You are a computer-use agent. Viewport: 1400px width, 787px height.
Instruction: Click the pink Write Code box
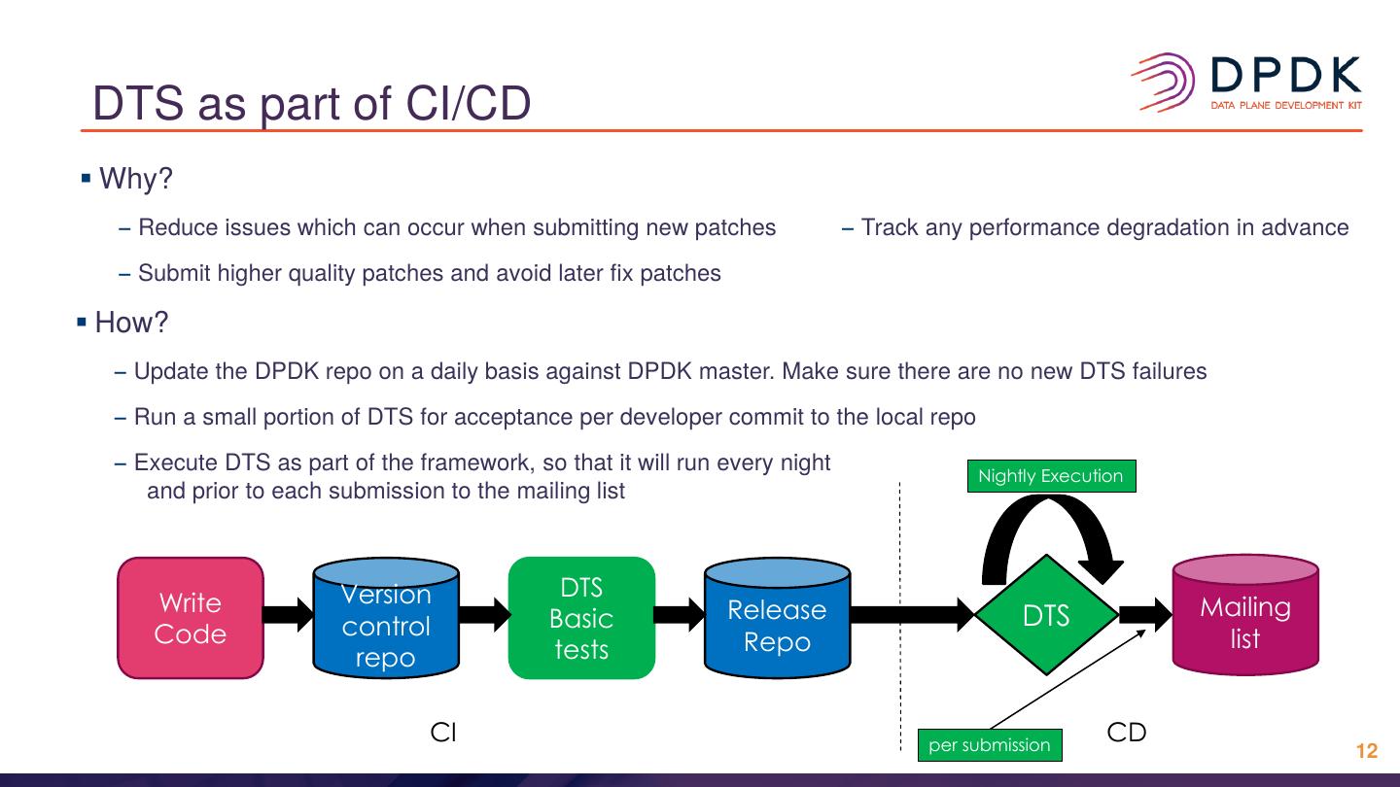click(191, 618)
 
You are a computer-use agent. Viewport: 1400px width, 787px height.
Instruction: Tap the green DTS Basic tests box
click(581, 618)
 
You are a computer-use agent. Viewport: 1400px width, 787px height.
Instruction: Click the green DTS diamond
click(1046, 615)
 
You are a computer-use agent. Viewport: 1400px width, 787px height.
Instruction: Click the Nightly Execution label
click(1051, 476)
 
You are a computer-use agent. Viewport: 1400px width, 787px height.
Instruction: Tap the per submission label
click(990, 745)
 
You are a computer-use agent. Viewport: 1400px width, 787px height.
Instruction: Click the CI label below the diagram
click(443, 733)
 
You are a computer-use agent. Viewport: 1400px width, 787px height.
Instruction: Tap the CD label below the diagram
click(1127, 733)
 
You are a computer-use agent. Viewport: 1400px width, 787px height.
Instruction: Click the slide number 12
click(1367, 751)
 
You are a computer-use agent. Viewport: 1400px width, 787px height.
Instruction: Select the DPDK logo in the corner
click(1246, 83)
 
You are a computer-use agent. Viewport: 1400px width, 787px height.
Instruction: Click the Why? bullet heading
click(135, 179)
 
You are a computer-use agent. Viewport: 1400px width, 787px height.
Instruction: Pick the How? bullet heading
click(131, 323)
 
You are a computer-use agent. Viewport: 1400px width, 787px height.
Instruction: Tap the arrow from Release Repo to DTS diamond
click(912, 614)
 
